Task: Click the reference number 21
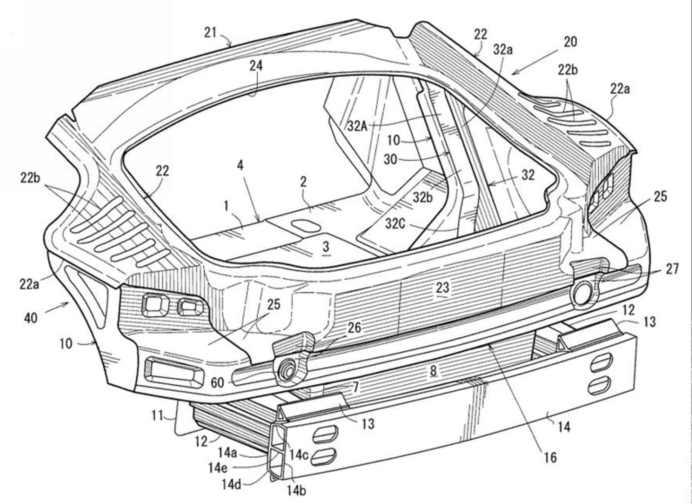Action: pyautogui.click(x=210, y=33)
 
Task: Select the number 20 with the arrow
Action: pyautogui.click(x=570, y=42)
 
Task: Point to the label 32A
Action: pyautogui.click(x=357, y=126)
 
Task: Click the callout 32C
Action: pyautogui.click(x=395, y=224)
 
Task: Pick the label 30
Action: pyautogui.click(x=390, y=159)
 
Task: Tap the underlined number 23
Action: pyautogui.click(x=442, y=287)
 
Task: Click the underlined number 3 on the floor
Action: pyautogui.click(x=326, y=247)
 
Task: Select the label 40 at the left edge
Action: pyautogui.click(x=31, y=318)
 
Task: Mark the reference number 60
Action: pyautogui.click(x=217, y=383)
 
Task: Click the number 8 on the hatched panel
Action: pyautogui.click(x=433, y=370)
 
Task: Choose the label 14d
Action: pyautogui.click(x=231, y=485)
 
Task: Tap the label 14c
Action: pyautogui.click(x=298, y=455)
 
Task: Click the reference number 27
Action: pyautogui.click(x=672, y=269)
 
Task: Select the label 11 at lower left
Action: pyautogui.click(x=157, y=416)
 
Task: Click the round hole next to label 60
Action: pyautogui.click(x=287, y=371)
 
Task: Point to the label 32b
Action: pyautogui.click(x=422, y=197)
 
